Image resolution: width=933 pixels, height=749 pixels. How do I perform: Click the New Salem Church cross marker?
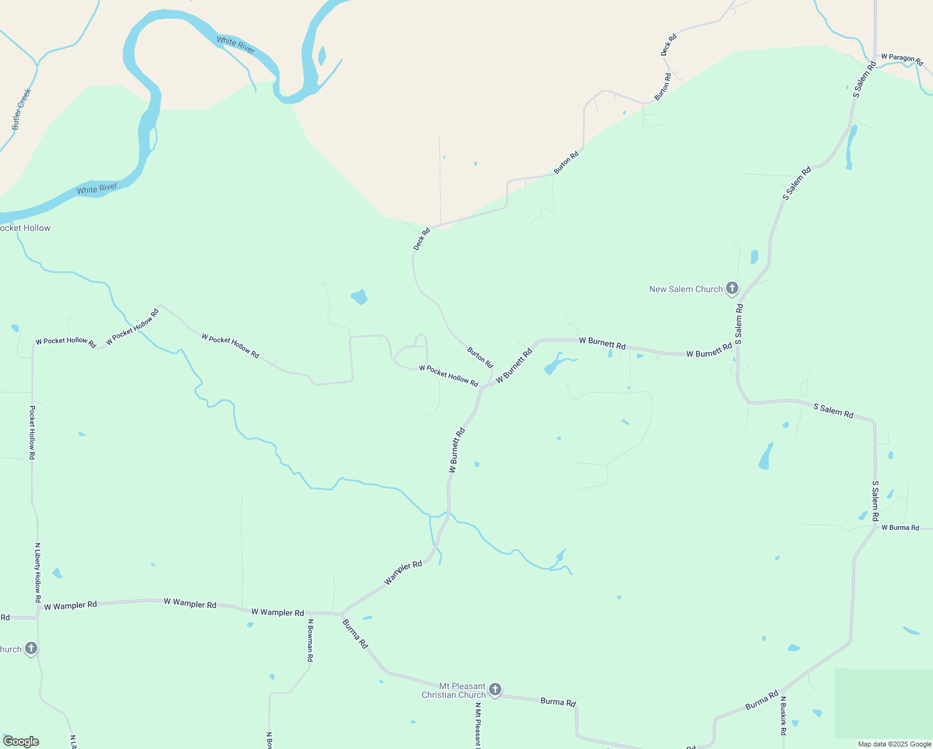(x=732, y=288)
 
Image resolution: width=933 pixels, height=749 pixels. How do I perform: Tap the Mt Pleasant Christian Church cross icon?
(x=495, y=689)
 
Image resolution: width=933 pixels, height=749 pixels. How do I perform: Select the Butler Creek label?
(x=21, y=109)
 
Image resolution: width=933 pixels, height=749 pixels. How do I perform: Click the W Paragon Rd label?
(x=901, y=58)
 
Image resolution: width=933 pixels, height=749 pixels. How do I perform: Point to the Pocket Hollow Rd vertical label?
(x=32, y=433)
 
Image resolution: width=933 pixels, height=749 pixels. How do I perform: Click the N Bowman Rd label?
(x=309, y=640)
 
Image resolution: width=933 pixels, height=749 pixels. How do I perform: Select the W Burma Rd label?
(x=900, y=528)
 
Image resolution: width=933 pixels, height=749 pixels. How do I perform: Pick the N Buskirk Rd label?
(x=783, y=715)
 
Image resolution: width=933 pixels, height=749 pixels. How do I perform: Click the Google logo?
(x=21, y=742)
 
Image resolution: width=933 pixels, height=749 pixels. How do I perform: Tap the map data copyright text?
(x=894, y=744)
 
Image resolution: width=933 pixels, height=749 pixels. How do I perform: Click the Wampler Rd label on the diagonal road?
(x=403, y=573)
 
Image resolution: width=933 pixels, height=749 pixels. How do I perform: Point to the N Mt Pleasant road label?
(x=478, y=724)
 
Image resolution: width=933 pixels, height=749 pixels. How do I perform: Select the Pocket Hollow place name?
(x=25, y=228)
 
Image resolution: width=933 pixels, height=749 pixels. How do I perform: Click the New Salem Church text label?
(x=685, y=290)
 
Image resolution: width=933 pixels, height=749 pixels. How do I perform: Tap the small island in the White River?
(x=322, y=56)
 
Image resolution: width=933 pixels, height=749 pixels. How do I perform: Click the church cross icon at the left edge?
(x=31, y=649)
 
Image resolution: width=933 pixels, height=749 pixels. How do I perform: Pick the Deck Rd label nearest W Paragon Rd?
(x=668, y=46)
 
